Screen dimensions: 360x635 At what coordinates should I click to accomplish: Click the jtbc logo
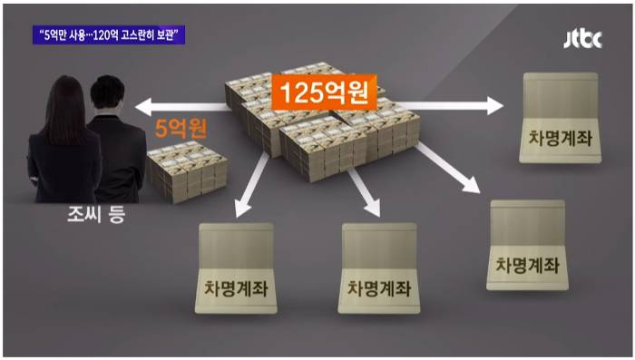click(x=581, y=39)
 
